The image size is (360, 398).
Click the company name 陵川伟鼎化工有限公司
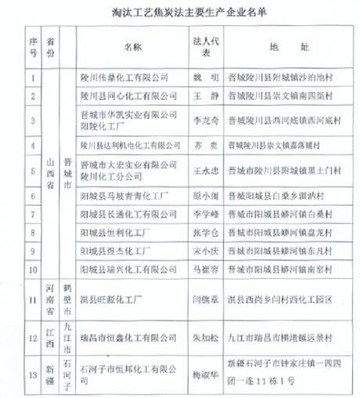pyautogui.click(x=126, y=78)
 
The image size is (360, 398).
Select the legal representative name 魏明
pyautogui.click(x=201, y=78)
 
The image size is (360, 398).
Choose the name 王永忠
pyautogui.click(x=201, y=170)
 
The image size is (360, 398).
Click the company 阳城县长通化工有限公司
pyautogui.click(x=126, y=213)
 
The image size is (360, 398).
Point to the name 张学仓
pyautogui.click(x=201, y=232)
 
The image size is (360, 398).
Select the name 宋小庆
pyautogui.click(x=201, y=251)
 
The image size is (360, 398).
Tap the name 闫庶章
pyautogui.click(x=201, y=300)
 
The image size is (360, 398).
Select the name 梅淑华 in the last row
pyautogui.click(x=201, y=374)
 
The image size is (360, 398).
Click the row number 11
pyautogui.click(x=33, y=299)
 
